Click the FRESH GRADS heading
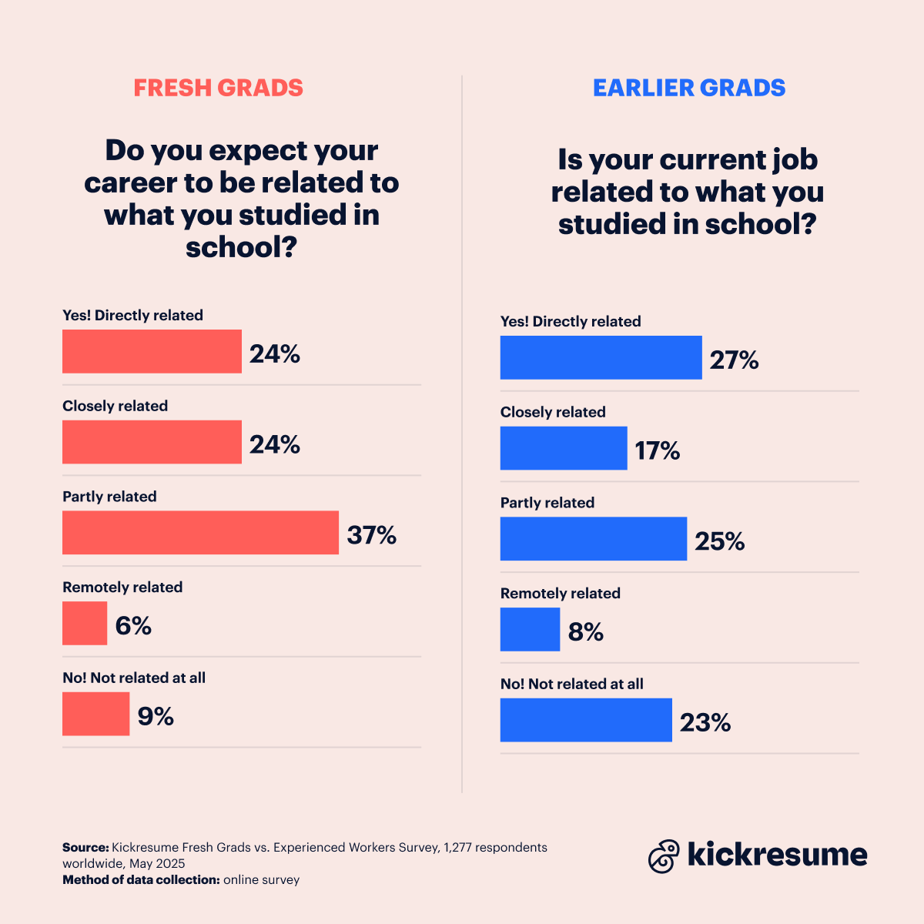click(x=218, y=88)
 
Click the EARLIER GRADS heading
click(x=689, y=88)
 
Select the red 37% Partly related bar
click(x=200, y=533)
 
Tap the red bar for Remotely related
click(x=85, y=624)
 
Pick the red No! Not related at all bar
click(x=95, y=714)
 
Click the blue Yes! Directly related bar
click(x=601, y=357)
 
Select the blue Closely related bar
click(x=564, y=448)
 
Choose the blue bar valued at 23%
click(x=586, y=720)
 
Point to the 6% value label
click(x=133, y=625)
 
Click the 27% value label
click(x=734, y=360)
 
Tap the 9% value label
click(x=156, y=716)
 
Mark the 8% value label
click(x=585, y=632)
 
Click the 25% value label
click(x=719, y=541)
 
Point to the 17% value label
click(x=657, y=450)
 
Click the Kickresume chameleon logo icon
click(x=664, y=855)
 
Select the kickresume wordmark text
click(x=777, y=855)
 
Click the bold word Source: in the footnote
click(x=85, y=847)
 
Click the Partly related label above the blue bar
click(x=547, y=503)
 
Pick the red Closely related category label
click(x=115, y=406)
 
